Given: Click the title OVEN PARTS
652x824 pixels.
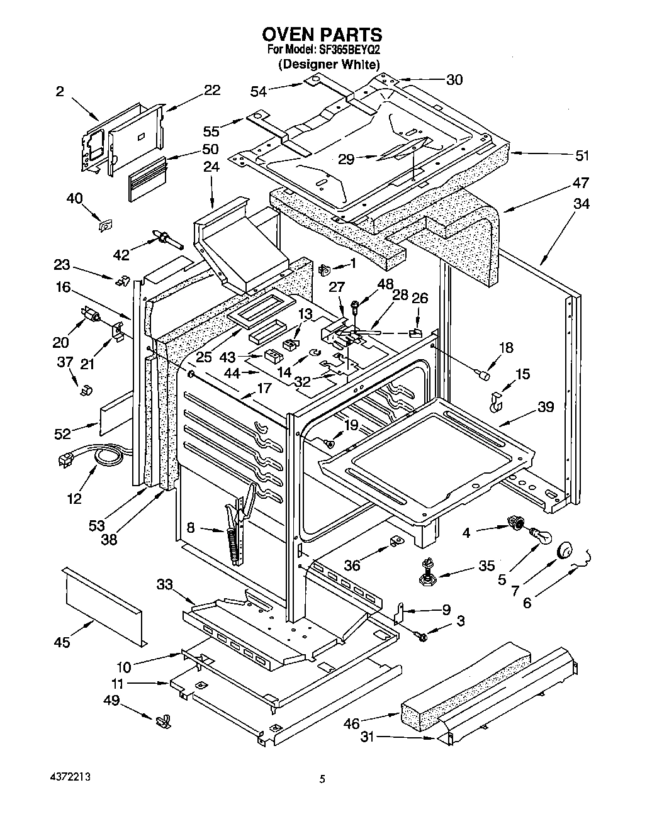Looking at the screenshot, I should pyautogui.click(x=322, y=33).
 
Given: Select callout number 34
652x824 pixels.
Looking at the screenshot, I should pyautogui.click(x=581, y=204).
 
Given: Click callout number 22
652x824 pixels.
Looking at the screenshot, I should pyautogui.click(x=212, y=90).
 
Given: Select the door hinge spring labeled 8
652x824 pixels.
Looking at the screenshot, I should pyautogui.click(x=237, y=528).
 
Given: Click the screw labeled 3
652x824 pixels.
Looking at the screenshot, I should pyautogui.click(x=422, y=637).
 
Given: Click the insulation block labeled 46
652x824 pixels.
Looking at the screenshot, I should pyautogui.click(x=466, y=686).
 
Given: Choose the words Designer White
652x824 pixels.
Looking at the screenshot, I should pyautogui.click(x=329, y=64).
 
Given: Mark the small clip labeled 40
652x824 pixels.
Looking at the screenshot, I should pyautogui.click(x=106, y=224).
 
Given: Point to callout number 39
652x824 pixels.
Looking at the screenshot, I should pyautogui.click(x=545, y=407).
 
